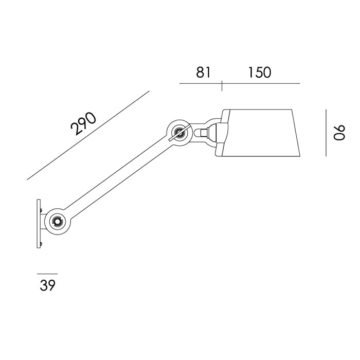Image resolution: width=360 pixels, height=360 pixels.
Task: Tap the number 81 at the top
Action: click(203, 73)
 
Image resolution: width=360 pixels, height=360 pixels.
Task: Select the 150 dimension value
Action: click(259, 73)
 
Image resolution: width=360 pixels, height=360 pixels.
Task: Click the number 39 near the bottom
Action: click(47, 285)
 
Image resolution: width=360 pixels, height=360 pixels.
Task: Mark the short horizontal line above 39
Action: click(47, 274)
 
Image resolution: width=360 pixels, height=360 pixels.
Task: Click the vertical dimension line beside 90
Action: click(326, 133)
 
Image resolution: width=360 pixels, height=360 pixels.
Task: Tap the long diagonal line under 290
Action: click(88, 135)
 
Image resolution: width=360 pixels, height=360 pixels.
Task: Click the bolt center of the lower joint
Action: click(57, 222)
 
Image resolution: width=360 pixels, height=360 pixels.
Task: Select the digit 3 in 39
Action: click(44, 285)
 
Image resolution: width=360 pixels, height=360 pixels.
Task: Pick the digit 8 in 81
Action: click(200, 73)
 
